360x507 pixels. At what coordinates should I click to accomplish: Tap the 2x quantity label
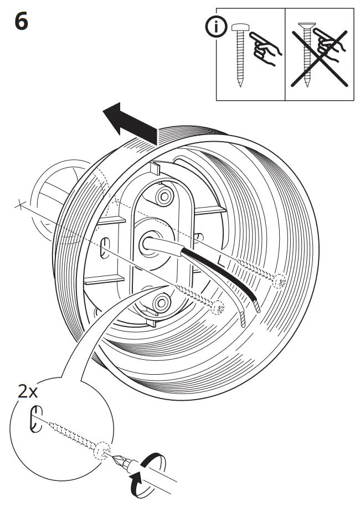26,392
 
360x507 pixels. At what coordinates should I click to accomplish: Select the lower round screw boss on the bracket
162,302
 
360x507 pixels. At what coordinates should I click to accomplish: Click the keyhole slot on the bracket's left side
105,247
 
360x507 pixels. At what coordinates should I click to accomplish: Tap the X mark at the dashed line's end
20,205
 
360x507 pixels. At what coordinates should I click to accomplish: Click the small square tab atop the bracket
155,167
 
